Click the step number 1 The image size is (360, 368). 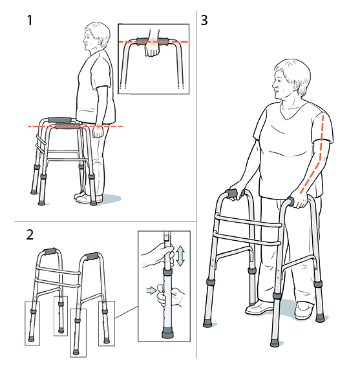click(x=29, y=21)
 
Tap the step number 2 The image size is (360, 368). click(x=30, y=234)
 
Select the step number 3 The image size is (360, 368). click(x=205, y=20)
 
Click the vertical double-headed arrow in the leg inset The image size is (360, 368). click(x=181, y=254)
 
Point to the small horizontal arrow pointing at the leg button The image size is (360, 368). click(x=151, y=291)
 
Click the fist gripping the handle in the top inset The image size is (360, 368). click(x=153, y=49)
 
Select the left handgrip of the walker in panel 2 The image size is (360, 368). click(x=49, y=251)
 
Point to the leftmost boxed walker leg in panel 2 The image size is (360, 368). click(x=31, y=322)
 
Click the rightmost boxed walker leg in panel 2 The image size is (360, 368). click(x=106, y=322)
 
